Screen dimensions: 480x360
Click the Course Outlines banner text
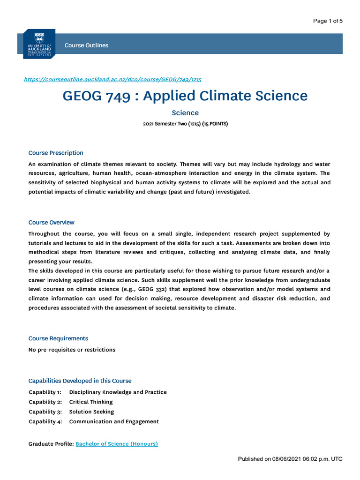86,45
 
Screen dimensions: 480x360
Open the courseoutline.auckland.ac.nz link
112,80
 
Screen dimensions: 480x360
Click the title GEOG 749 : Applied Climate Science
185,96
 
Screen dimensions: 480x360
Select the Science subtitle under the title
185,113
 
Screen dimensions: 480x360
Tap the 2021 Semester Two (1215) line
185,124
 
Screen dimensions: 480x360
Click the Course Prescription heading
56,153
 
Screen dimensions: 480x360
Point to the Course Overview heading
51,222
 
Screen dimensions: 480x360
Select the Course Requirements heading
58,338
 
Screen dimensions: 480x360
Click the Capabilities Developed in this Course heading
80,381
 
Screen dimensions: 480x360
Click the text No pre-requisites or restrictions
72,350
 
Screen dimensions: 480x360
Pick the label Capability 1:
45,392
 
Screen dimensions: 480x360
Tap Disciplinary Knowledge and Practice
118,392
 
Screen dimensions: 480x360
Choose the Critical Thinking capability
91,402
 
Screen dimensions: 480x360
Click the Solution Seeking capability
91,412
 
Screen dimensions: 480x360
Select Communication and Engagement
114,421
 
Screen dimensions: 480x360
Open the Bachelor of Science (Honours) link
117,443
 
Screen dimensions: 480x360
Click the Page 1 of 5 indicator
328,21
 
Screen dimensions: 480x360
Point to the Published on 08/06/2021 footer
290,459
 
